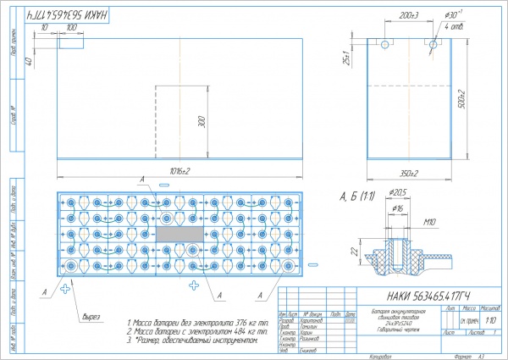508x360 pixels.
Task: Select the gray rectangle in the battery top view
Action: [x=179, y=232]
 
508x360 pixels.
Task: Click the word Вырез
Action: [x=91, y=318]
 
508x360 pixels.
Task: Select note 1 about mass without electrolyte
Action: [x=197, y=323]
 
